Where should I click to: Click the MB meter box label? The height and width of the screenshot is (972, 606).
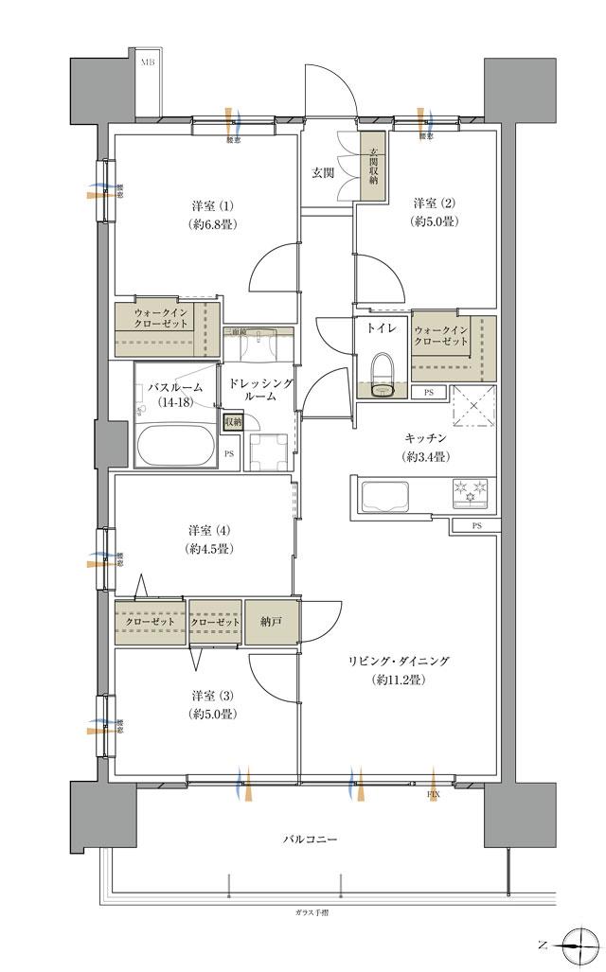click(x=148, y=63)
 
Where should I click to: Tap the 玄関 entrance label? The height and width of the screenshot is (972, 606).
click(x=323, y=172)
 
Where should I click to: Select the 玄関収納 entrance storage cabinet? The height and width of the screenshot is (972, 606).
click(x=373, y=166)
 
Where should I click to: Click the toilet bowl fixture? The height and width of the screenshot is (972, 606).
click(x=382, y=376)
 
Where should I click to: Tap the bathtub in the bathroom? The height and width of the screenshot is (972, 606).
click(x=177, y=445)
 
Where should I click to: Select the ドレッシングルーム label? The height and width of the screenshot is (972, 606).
click(x=257, y=389)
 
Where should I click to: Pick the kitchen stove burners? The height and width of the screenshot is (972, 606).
click(x=471, y=491)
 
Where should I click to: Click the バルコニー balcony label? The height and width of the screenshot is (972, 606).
click(x=310, y=839)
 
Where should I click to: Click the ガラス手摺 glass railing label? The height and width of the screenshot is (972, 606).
click(x=310, y=912)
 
